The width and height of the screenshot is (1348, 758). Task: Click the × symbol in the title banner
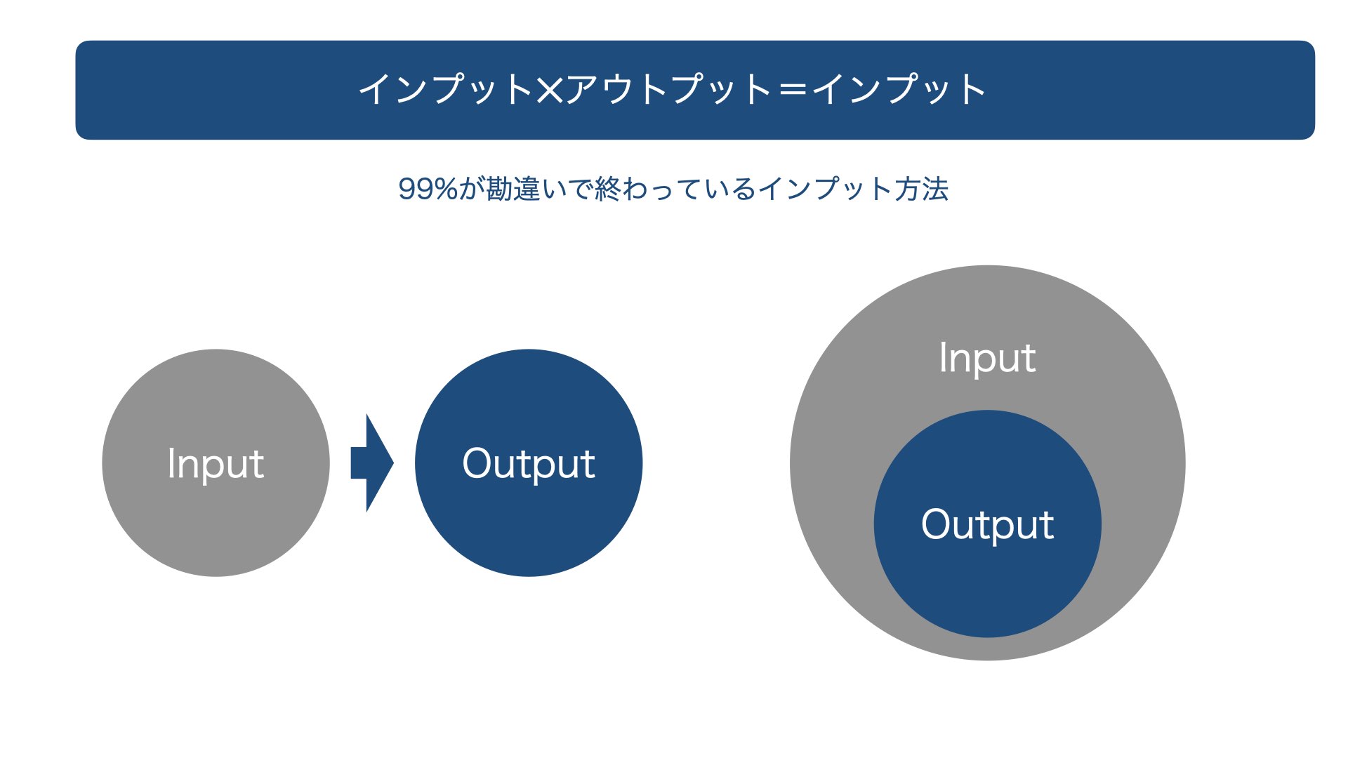coord(550,90)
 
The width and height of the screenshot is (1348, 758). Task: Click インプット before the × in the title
coord(447,89)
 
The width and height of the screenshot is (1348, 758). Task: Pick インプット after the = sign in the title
coord(899,89)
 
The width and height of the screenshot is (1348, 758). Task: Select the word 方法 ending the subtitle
coord(921,189)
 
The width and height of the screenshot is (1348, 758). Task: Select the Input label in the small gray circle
coord(216,464)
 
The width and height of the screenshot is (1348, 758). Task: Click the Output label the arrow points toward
coord(529,464)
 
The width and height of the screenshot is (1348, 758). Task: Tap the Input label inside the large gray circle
coord(987,359)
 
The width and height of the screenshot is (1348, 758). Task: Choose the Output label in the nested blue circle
coord(987,525)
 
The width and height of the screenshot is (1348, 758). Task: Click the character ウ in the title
coord(618,89)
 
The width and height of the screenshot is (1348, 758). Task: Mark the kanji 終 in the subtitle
coord(608,189)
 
